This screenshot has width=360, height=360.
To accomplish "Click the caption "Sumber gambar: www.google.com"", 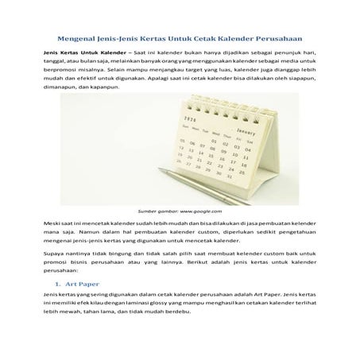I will click(x=180, y=211).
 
